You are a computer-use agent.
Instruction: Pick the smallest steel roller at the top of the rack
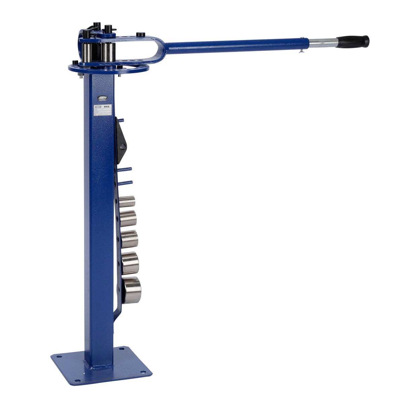[x=127, y=201]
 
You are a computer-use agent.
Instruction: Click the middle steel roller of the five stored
[x=129, y=239]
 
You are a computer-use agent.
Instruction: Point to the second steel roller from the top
[x=128, y=218]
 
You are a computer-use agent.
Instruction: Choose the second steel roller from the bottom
[x=130, y=263]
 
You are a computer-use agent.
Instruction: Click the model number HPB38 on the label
[x=107, y=106]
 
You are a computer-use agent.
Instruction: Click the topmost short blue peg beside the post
[x=120, y=120]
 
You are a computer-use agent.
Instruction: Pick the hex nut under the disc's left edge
[x=80, y=76]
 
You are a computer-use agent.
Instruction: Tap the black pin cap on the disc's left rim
[x=75, y=63]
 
